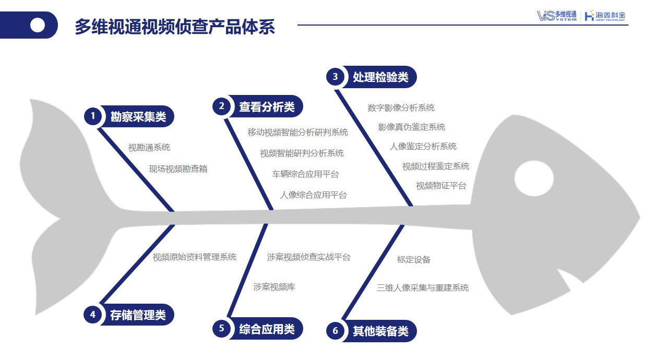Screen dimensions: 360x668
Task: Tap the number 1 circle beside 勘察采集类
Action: [93, 116]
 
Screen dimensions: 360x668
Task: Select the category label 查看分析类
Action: [267, 106]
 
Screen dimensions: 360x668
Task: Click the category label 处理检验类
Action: [380, 77]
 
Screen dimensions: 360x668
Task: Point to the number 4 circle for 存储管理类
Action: [92, 314]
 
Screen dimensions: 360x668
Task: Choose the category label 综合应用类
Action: [267, 329]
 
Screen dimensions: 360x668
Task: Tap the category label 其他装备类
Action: [380, 331]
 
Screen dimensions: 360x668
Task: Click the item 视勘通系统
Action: [149, 148]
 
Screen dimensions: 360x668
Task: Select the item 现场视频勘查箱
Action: [178, 169]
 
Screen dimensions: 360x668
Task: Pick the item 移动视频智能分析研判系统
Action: [297, 132]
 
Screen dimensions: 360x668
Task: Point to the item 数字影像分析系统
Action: [401, 108]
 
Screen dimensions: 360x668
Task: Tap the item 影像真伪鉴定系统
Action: [411, 127]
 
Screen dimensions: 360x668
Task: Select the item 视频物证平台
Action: [441, 186]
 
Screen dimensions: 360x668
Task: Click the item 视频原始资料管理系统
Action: [194, 257]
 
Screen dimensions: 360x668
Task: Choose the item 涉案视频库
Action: [274, 287]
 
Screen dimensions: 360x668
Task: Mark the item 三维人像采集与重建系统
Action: [423, 287]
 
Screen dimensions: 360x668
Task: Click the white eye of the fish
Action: [533, 179]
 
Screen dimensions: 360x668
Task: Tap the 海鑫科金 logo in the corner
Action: [605, 16]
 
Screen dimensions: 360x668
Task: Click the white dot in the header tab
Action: [38, 25]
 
